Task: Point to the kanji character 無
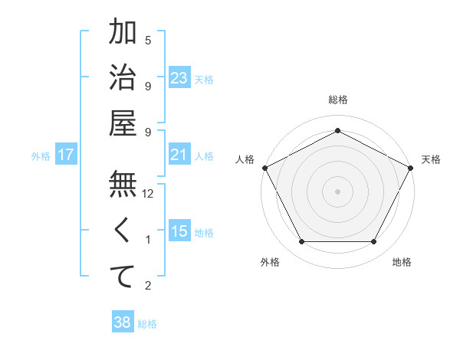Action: point(123,185)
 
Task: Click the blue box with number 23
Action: point(179,77)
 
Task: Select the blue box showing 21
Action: point(179,155)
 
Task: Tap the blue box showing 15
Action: point(179,231)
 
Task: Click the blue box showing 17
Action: point(66,155)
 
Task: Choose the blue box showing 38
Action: point(123,322)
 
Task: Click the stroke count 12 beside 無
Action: point(148,195)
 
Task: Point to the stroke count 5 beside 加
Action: point(148,41)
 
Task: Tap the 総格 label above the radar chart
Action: point(338,100)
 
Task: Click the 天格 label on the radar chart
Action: point(431,159)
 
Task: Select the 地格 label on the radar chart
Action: point(402,262)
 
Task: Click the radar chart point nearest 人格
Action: point(265,168)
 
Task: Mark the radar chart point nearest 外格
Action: point(301,242)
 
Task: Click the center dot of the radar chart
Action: point(337,191)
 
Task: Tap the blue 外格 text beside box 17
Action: point(41,155)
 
